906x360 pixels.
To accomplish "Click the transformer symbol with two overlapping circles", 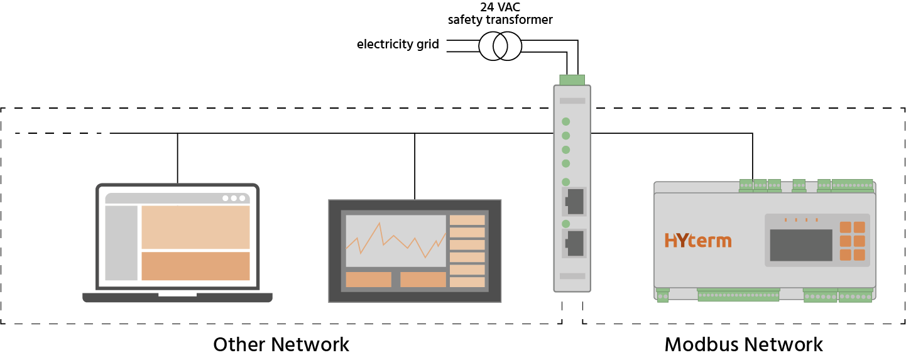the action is coord(500,46).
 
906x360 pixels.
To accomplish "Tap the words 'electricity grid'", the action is coord(398,44).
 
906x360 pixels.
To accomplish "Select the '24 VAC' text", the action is coord(500,7).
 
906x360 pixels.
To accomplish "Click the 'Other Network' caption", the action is coord(281,345).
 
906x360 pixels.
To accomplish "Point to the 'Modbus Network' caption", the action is coord(743,345).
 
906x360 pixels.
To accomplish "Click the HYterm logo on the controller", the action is coord(698,240).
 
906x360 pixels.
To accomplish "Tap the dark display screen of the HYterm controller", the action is coord(801,245).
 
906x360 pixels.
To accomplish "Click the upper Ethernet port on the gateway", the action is coord(574,202).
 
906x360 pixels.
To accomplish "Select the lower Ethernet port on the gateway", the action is coord(574,243).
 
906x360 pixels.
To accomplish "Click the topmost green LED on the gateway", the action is coord(566,121).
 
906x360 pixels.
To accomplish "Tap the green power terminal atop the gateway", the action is coord(572,80).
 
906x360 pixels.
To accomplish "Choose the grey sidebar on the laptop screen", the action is coord(121,243).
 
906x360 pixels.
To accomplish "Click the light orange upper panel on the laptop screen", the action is coord(196,227).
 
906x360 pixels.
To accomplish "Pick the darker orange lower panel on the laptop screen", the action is coord(196,266).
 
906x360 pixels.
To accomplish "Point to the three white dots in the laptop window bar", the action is coord(234,198).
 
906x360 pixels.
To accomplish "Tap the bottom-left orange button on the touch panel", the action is coord(368,280).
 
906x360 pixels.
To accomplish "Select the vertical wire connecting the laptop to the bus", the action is coord(178,158).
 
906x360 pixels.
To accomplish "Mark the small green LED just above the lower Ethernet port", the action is coord(566,224).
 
